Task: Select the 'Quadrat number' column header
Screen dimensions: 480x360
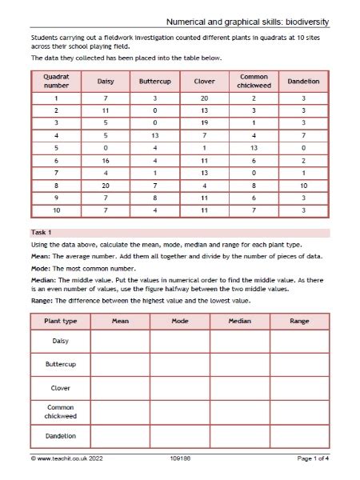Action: coord(56,81)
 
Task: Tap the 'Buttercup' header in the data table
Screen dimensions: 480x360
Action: coord(155,81)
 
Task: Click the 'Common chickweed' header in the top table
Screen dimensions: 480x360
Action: coord(254,81)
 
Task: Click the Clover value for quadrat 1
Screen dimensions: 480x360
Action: coord(205,97)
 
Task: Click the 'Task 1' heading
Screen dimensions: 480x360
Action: coord(42,232)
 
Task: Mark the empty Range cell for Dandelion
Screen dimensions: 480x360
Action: coord(299,436)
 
